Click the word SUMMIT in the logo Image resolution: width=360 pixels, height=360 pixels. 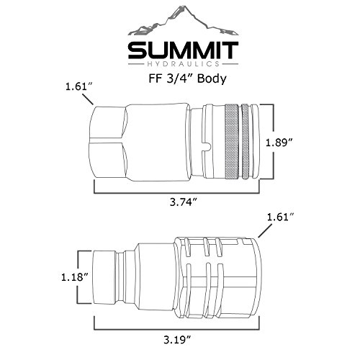(183, 50)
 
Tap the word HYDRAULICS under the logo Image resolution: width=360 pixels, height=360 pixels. (183, 64)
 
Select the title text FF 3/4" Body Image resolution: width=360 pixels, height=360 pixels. (187, 78)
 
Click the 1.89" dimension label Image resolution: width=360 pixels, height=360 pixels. (279, 143)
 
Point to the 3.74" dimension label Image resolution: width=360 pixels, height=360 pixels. (184, 202)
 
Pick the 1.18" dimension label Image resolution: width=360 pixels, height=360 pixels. (75, 277)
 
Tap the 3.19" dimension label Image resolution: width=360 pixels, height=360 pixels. (178, 340)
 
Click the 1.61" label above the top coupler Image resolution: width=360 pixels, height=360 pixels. (79, 86)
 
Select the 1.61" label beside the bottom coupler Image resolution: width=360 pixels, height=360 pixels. (281, 217)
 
